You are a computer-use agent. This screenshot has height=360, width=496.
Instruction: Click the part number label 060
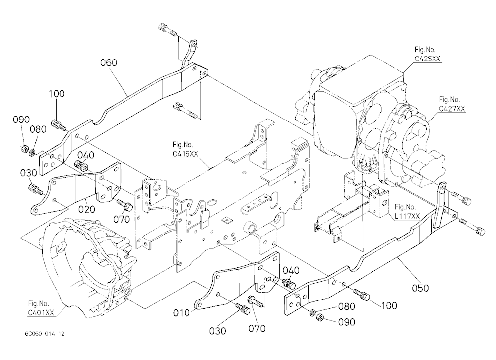(x=109, y=62)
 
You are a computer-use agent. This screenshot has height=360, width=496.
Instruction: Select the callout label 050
(x=420, y=288)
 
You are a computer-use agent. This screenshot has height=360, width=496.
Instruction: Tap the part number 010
(x=181, y=313)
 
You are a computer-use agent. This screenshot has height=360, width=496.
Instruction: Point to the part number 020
(x=87, y=209)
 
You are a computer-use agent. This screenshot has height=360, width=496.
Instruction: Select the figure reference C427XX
(x=452, y=108)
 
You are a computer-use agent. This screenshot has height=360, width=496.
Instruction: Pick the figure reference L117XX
(x=407, y=216)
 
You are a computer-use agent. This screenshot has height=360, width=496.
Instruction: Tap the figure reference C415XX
(x=186, y=154)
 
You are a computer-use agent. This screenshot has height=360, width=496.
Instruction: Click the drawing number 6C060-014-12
(x=44, y=334)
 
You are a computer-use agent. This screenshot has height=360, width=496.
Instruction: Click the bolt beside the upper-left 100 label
(x=59, y=125)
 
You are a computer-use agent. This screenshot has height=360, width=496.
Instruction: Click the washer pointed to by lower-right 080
(x=312, y=313)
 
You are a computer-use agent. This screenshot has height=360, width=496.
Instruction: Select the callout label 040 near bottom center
(x=291, y=270)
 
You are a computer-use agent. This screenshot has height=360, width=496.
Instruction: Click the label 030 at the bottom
(x=218, y=331)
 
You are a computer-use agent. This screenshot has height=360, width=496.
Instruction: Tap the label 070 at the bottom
(x=257, y=329)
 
